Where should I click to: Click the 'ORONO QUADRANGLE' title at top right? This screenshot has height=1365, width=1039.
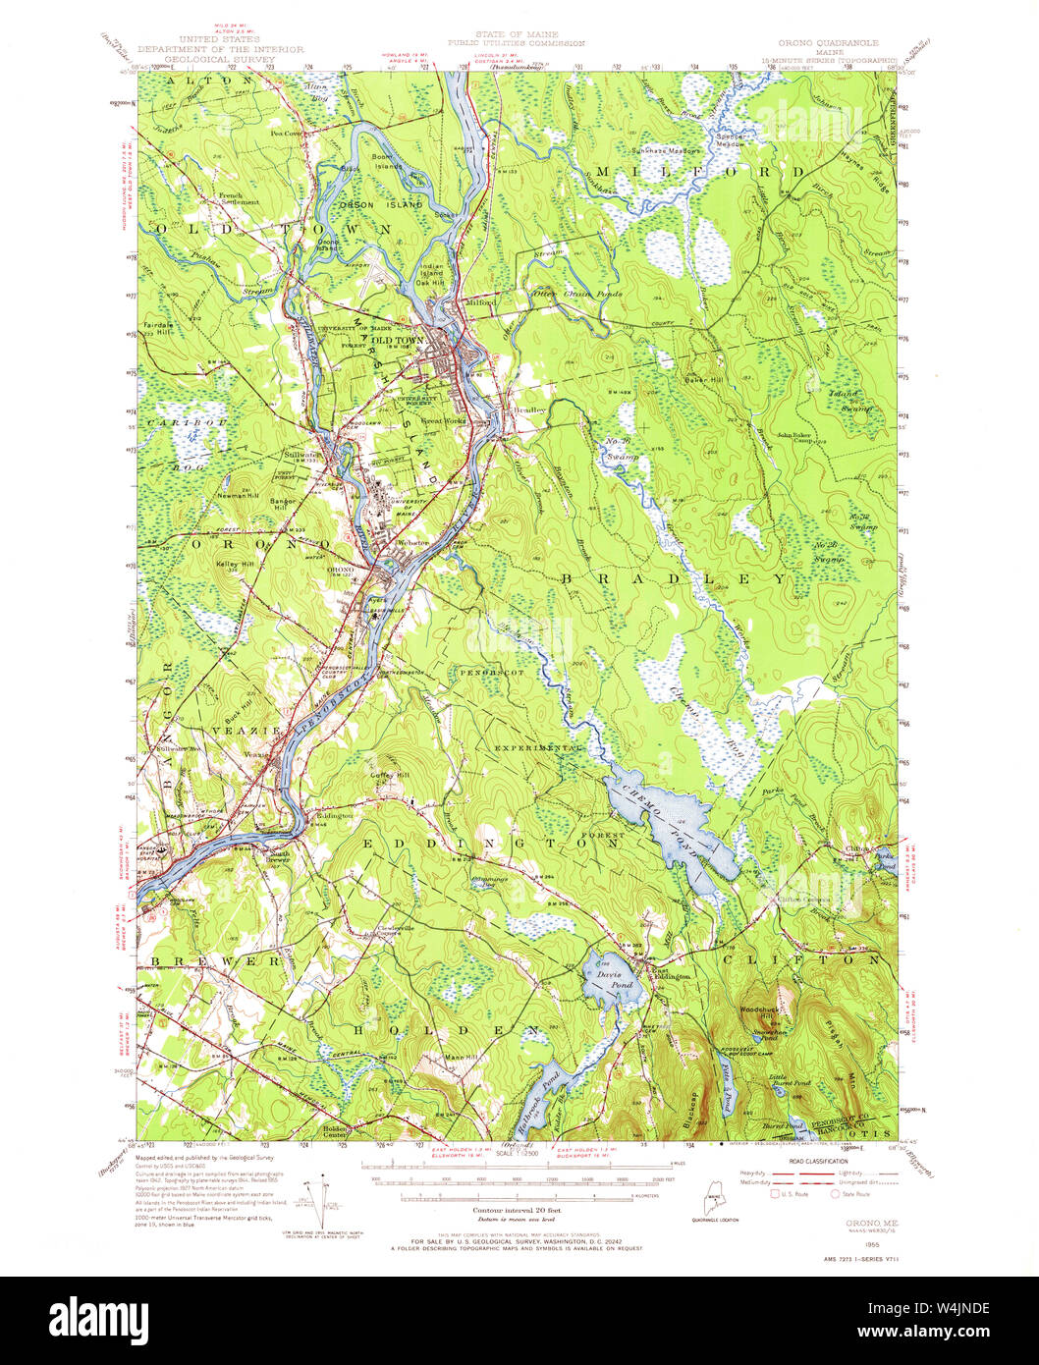pyautogui.click(x=827, y=44)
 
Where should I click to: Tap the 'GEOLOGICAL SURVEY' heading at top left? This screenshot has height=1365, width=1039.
pyautogui.click(x=220, y=58)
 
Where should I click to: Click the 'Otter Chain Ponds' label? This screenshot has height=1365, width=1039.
pyautogui.click(x=563, y=293)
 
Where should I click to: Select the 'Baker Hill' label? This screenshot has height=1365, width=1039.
pyautogui.click(x=703, y=379)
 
